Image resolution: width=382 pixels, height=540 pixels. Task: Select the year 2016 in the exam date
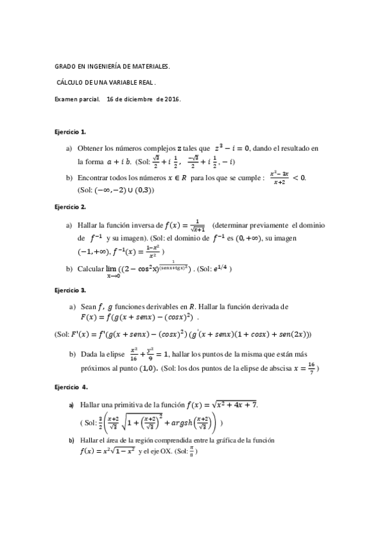click(x=172, y=99)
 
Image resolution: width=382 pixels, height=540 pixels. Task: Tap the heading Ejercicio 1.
click(x=70, y=132)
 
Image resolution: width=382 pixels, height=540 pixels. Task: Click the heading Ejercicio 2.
click(x=70, y=207)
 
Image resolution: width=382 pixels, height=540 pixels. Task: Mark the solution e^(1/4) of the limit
click(x=220, y=268)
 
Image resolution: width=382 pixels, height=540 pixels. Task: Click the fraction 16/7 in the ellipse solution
click(x=311, y=367)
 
